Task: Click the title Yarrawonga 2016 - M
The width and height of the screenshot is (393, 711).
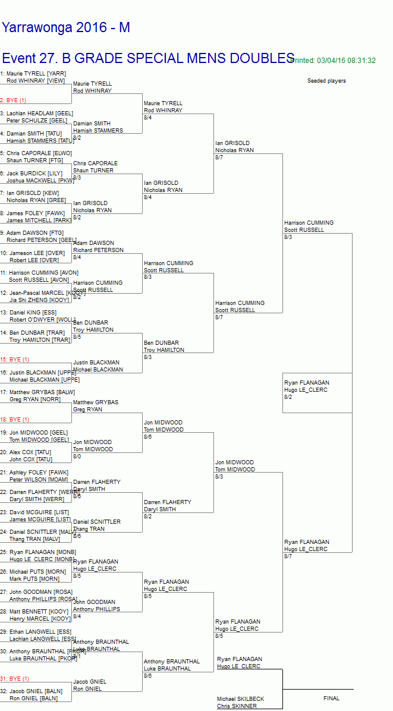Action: pyautogui.click(x=65, y=27)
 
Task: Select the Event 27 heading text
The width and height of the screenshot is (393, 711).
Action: pyautogui.click(x=147, y=58)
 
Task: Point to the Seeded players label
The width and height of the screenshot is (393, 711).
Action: pyautogui.click(x=326, y=81)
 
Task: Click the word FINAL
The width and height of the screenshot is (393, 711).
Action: pyautogui.click(x=331, y=699)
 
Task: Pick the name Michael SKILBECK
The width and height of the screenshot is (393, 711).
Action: pyautogui.click(x=240, y=699)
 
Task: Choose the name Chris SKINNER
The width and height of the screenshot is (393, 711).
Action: pyautogui.click(x=237, y=706)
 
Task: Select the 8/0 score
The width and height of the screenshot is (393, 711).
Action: pyautogui.click(x=77, y=457)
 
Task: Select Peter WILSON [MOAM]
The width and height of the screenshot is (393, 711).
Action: pyautogui.click(x=34, y=479)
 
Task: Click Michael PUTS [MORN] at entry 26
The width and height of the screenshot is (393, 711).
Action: pyautogui.click(x=35, y=572)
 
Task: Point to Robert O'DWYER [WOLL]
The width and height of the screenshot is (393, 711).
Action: pyautogui.click(x=41, y=319)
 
